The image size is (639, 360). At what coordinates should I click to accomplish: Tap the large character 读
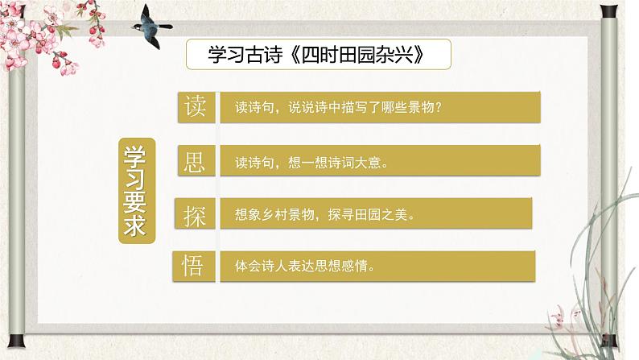[x=195, y=107]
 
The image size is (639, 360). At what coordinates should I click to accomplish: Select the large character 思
[x=194, y=161]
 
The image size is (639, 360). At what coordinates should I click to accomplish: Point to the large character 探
[x=195, y=215]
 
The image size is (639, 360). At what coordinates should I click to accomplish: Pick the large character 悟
[x=192, y=266]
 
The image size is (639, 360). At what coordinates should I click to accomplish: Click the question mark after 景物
[x=438, y=108]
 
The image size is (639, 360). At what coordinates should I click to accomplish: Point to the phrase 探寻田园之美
[x=368, y=214]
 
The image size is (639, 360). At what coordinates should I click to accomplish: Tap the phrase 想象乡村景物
[x=274, y=214]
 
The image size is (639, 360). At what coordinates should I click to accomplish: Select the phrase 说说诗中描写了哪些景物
[x=361, y=108]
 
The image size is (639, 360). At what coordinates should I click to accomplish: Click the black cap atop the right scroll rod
[x=608, y=10]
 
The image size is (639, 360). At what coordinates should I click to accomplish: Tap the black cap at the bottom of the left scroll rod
[x=16, y=341]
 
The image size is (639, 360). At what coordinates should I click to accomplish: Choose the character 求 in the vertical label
[x=134, y=226]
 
